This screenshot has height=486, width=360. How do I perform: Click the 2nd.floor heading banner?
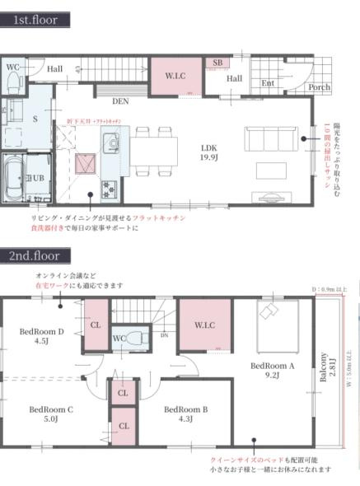36,255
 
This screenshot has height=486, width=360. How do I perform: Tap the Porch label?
319,86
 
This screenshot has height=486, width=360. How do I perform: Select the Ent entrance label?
268,83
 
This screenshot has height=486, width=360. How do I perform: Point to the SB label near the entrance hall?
217,63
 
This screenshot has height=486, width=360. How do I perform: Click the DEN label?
120,101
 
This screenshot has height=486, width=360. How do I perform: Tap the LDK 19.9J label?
209,152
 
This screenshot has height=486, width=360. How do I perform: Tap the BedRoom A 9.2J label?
273,370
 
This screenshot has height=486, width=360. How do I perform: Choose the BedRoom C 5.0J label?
50,414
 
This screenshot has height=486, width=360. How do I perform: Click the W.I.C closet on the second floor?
205,325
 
